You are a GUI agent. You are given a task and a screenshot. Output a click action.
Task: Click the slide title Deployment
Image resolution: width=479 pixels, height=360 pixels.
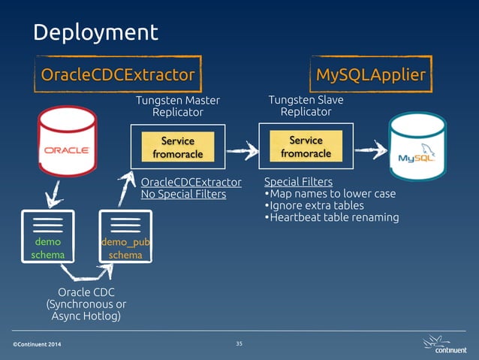click(95, 32)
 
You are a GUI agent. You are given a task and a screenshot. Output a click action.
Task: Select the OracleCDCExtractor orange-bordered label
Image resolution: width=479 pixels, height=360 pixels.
click(117, 74)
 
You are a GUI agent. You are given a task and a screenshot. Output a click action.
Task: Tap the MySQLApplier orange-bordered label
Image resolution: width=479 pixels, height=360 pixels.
click(370, 74)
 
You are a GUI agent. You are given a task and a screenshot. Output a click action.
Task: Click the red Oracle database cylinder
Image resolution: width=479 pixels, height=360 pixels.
click(69, 144)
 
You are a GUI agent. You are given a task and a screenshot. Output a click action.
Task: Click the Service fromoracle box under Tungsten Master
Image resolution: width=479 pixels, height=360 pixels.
click(177, 147)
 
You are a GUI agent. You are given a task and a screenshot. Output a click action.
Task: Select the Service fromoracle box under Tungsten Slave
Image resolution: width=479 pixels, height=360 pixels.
click(306, 147)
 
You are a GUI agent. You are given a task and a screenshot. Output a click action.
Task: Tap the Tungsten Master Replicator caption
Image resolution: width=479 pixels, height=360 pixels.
click(179, 106)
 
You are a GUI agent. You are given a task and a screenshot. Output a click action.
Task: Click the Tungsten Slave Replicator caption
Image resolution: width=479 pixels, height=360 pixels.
click(306, 105)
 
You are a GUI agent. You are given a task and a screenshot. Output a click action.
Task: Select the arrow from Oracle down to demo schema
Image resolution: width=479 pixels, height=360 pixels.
click(53, 197)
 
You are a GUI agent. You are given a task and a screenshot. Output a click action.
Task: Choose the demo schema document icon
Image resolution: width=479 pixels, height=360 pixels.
click(48, 236)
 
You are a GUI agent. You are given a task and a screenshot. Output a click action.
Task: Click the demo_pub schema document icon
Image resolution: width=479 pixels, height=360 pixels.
click(125, 236)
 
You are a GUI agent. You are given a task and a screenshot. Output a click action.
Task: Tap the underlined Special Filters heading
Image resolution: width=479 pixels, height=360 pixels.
click(298, 182)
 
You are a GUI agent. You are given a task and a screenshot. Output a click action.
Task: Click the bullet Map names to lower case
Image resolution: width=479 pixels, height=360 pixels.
click(330, 194)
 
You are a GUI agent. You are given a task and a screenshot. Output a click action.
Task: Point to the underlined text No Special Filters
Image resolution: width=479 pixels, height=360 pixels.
click(183, 195)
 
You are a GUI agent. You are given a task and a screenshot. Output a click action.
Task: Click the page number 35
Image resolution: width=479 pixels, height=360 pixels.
click(239, 343)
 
